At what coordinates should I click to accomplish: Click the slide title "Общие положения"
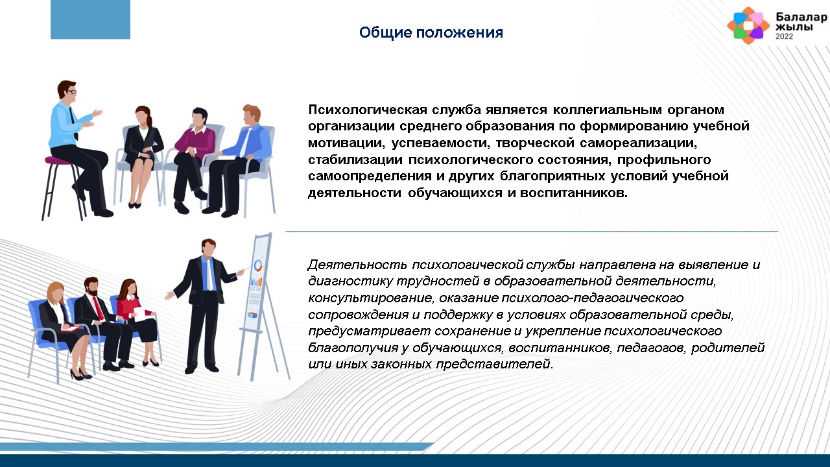(x=431, y=32)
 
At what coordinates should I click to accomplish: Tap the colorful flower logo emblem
(x=748, y=25)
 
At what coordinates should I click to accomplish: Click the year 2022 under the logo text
(x=785, y=36)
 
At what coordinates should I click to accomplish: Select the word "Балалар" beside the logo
(x=801, y=17)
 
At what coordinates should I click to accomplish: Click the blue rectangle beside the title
(x=90, y=19)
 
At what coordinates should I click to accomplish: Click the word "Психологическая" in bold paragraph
(x=368, y=110)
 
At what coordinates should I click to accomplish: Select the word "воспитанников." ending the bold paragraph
(x=574, y=193)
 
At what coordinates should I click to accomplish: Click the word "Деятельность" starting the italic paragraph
(x=357, y=265)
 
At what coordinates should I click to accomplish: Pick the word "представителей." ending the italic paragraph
(x=495, y=365)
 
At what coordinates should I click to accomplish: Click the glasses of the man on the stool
(x=71, y=92)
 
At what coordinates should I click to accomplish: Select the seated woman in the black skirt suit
(x=142, y=156)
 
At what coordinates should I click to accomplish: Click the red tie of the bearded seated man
(x=98, y=308)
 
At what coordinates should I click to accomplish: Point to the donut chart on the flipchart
(x=258, y=265)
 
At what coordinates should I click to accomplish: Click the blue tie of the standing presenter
(x=209, y=274)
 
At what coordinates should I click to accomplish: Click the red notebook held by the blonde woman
(x=71, y=328)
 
